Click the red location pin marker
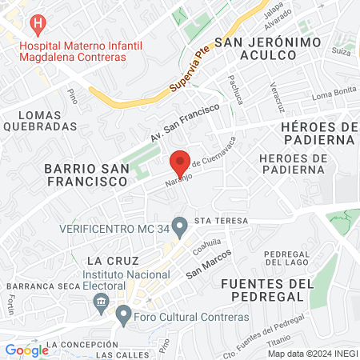181,163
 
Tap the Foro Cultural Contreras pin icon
123,314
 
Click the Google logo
26,350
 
